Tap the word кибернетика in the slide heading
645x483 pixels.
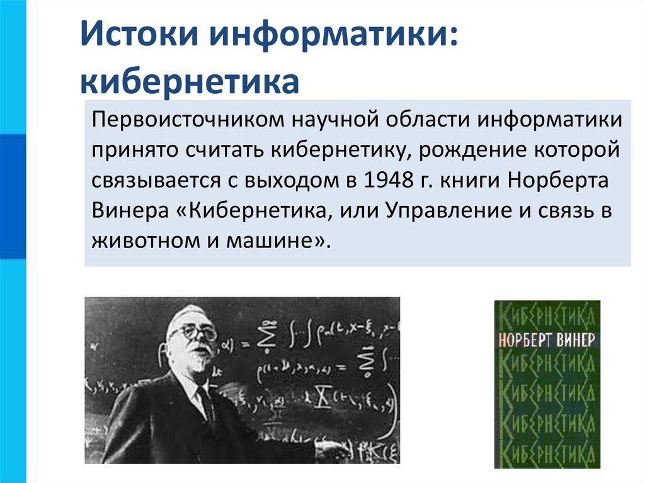188,81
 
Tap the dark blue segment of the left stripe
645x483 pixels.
13,195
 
